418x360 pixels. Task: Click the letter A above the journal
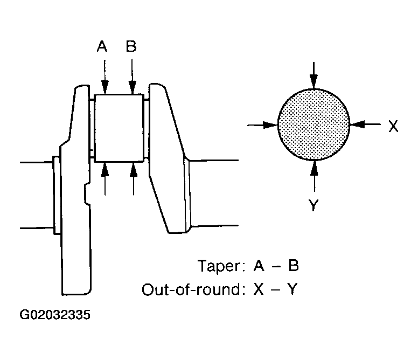[102, 46]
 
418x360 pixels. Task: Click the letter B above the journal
[131, 46]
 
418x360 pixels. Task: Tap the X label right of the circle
[393, 126]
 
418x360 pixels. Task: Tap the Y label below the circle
[313, 205]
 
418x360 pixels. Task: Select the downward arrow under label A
[104, 77]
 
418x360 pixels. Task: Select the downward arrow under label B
[132, 77]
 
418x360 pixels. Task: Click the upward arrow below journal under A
[105, 179]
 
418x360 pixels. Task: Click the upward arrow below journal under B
[134, 179]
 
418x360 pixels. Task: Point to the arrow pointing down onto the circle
[313, 75]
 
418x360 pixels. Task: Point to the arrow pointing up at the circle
[315, 176]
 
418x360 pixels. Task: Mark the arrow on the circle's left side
[263, 125]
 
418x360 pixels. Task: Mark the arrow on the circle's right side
[365, 124]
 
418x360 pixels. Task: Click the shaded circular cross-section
[313, 124]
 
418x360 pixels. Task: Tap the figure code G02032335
[55, 315]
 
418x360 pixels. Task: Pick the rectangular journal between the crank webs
[119, 128]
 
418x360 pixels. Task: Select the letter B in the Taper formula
[293, 266]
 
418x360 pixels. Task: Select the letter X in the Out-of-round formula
[259, 289]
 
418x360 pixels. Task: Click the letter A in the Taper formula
[259, 266]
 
